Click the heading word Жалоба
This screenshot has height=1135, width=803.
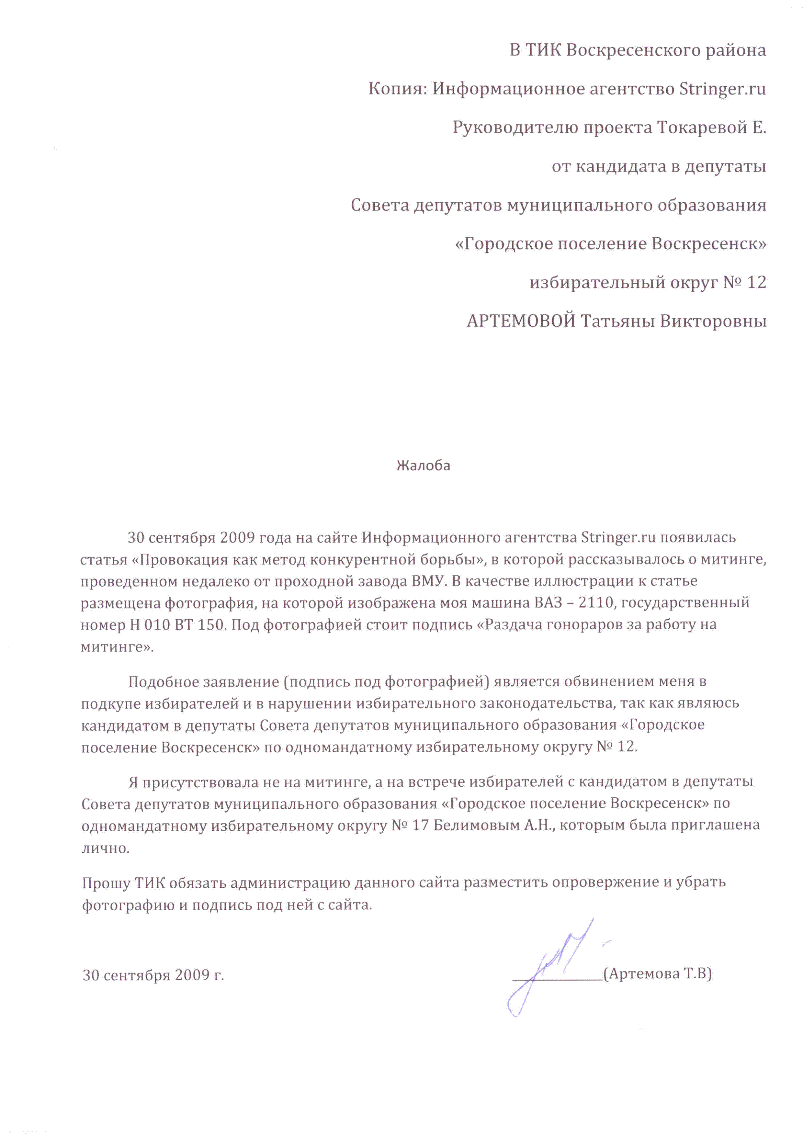[423, 466]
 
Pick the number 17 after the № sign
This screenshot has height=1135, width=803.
[420, 825]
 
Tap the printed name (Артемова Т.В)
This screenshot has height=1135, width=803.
[658, 973]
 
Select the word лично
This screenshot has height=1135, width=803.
[105, 848]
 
